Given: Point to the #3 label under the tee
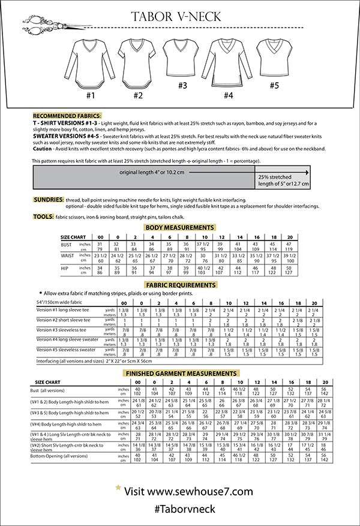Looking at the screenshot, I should pos(182,85).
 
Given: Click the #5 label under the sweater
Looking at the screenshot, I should pos(274,85).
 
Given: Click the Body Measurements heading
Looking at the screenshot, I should pos(179,228).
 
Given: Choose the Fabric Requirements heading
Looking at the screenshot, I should pos(181,285).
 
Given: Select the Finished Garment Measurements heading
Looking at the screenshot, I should pos(179,373).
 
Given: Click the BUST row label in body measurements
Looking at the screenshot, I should pos(66,245).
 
